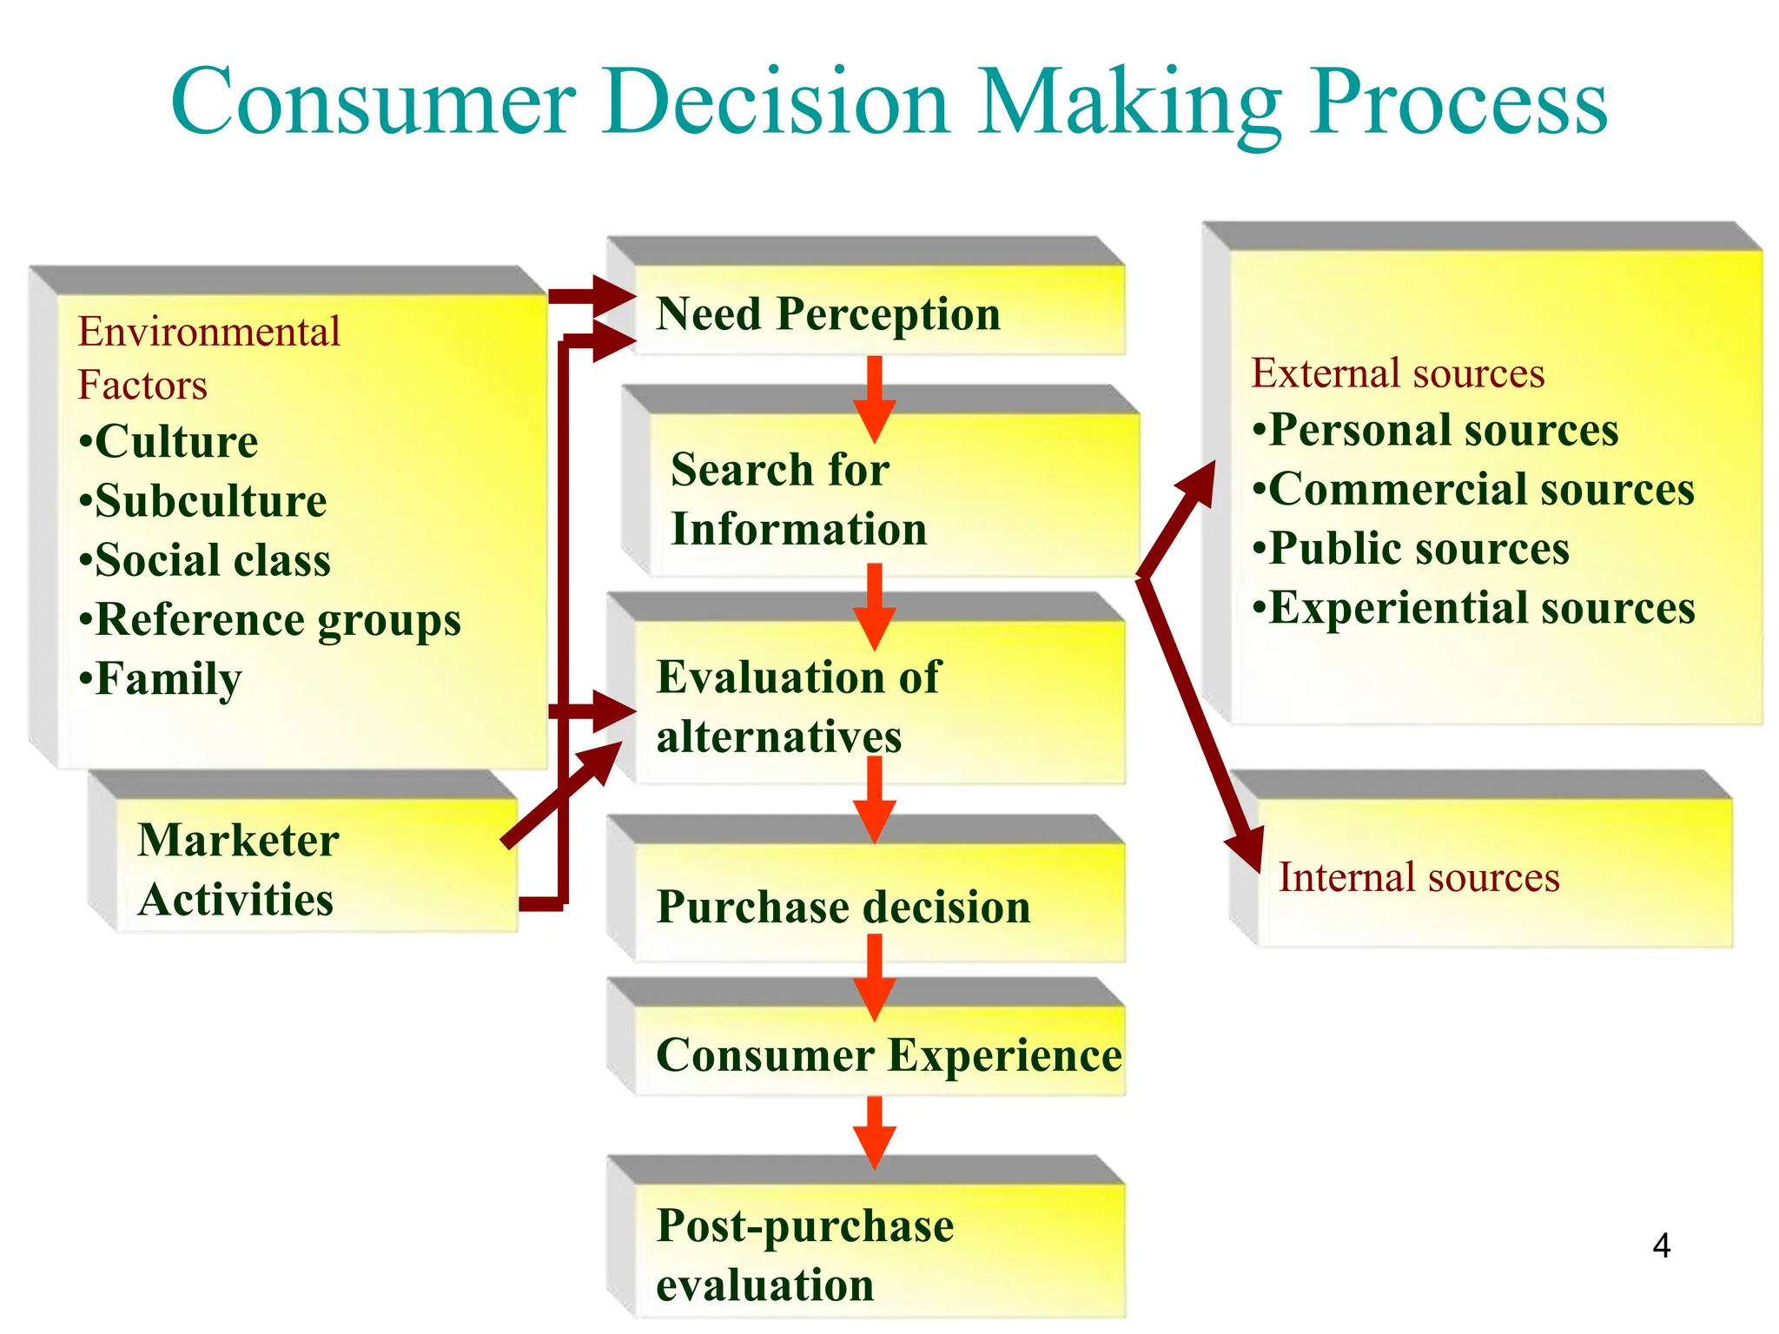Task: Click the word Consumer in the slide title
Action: (x=374, y=102)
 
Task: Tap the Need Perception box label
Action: (x=828, y=314)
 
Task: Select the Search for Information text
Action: (x=797, y=499)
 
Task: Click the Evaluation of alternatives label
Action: (x=797, y=706)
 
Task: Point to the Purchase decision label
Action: (x=843, y=908)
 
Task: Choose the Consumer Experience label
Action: (x=888, y=1056)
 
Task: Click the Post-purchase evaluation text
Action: (x=804, y=1255)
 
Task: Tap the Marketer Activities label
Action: (x=237, y=869)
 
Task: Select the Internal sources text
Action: (x=1419, y=877)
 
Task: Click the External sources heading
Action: (x=1397, y=373)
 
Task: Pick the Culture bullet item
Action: (x=174, y=442)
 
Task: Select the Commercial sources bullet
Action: (x=1480, y=490)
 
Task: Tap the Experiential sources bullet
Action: (x=1480, y=608)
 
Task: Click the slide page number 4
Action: (x=1661, y=1246)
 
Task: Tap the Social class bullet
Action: (x=211, y=561)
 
